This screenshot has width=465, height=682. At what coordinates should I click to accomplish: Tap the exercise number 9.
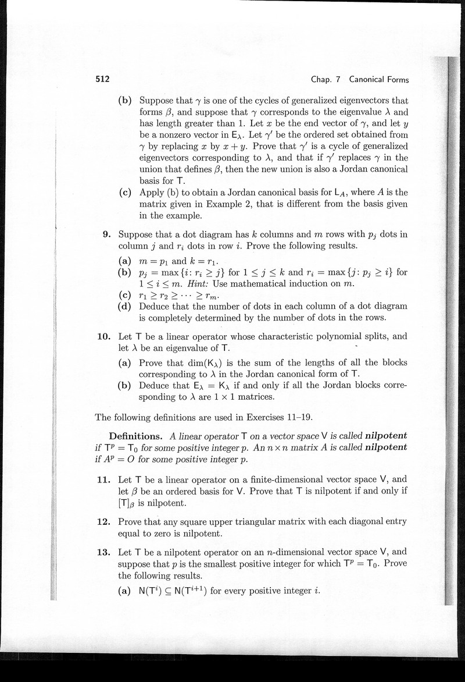[106, 235]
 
